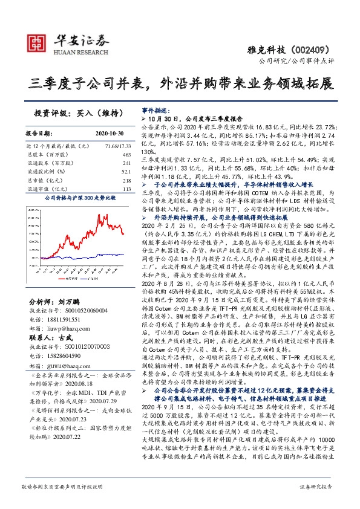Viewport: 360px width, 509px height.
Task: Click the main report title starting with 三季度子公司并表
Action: point(180,83)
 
